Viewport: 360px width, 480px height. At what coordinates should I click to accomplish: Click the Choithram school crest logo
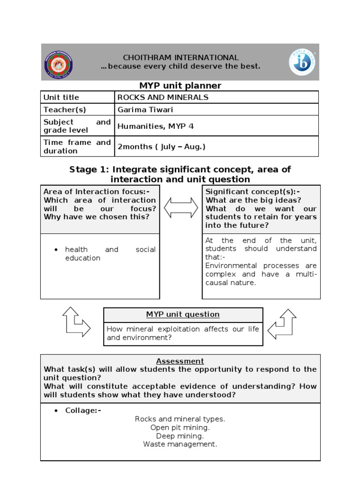tap(59, 62)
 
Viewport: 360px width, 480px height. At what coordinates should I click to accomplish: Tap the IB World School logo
tap(302, 62)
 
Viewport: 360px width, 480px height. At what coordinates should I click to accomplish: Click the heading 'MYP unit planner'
tap(180, 85)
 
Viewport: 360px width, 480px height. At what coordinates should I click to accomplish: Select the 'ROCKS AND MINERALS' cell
tap(163, 97)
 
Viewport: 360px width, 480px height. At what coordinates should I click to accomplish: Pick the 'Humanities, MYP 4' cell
tap(155, 126)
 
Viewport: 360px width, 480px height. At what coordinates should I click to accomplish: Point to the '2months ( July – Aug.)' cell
tap(161, 147)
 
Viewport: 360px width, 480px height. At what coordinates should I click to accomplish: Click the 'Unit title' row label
tap(61, 97)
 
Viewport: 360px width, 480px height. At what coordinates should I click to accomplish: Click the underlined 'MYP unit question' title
tap(183, 315)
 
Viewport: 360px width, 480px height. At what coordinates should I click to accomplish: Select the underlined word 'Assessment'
tap(180, 361)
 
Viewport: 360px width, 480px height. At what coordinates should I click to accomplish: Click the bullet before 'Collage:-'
tap(56, 411)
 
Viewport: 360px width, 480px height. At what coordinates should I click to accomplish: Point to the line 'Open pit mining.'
tap(180, 427)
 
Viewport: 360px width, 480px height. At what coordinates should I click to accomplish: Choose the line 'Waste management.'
tap(180, 444)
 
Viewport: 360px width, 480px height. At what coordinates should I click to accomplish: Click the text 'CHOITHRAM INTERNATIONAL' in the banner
tap(180, 58)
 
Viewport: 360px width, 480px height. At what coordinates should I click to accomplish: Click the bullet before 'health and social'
tap(56, 250)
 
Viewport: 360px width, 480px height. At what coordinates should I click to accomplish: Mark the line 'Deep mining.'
tap(180, 436)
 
